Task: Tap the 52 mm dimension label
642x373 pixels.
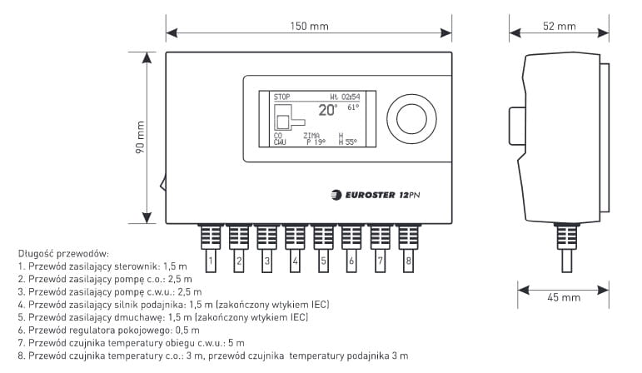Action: pos(559,26)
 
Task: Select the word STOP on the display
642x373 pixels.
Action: pos(282,97)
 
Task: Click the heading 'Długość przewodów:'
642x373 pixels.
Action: pos(62,253)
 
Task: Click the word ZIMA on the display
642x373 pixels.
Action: pos(311,135)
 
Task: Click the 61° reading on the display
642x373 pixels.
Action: pos(352,107)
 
